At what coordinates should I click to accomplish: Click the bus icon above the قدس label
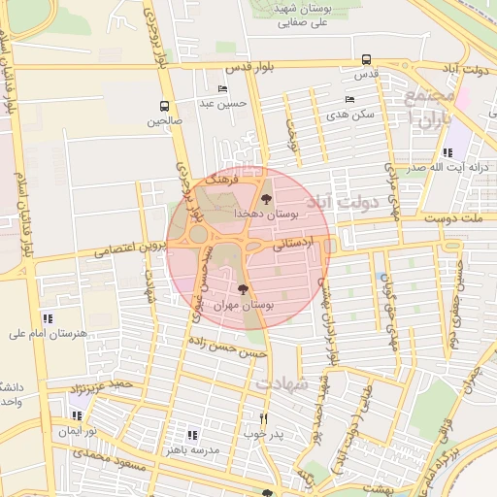[366, 59]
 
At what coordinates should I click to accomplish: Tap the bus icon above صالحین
[164, 106]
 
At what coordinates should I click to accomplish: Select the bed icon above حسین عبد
[223, 89]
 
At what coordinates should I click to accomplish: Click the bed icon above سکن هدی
[349, 100]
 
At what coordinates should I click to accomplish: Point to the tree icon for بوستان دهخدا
[267, 199]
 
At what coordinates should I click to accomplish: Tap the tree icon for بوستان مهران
[243, 289]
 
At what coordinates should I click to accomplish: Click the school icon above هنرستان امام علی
[48, 318]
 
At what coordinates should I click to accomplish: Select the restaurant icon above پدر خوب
[263, 418]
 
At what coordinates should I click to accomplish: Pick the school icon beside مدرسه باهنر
[192, 435]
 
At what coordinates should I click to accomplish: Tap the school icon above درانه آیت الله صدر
[447, 152]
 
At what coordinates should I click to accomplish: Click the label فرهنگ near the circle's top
[222, 181]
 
